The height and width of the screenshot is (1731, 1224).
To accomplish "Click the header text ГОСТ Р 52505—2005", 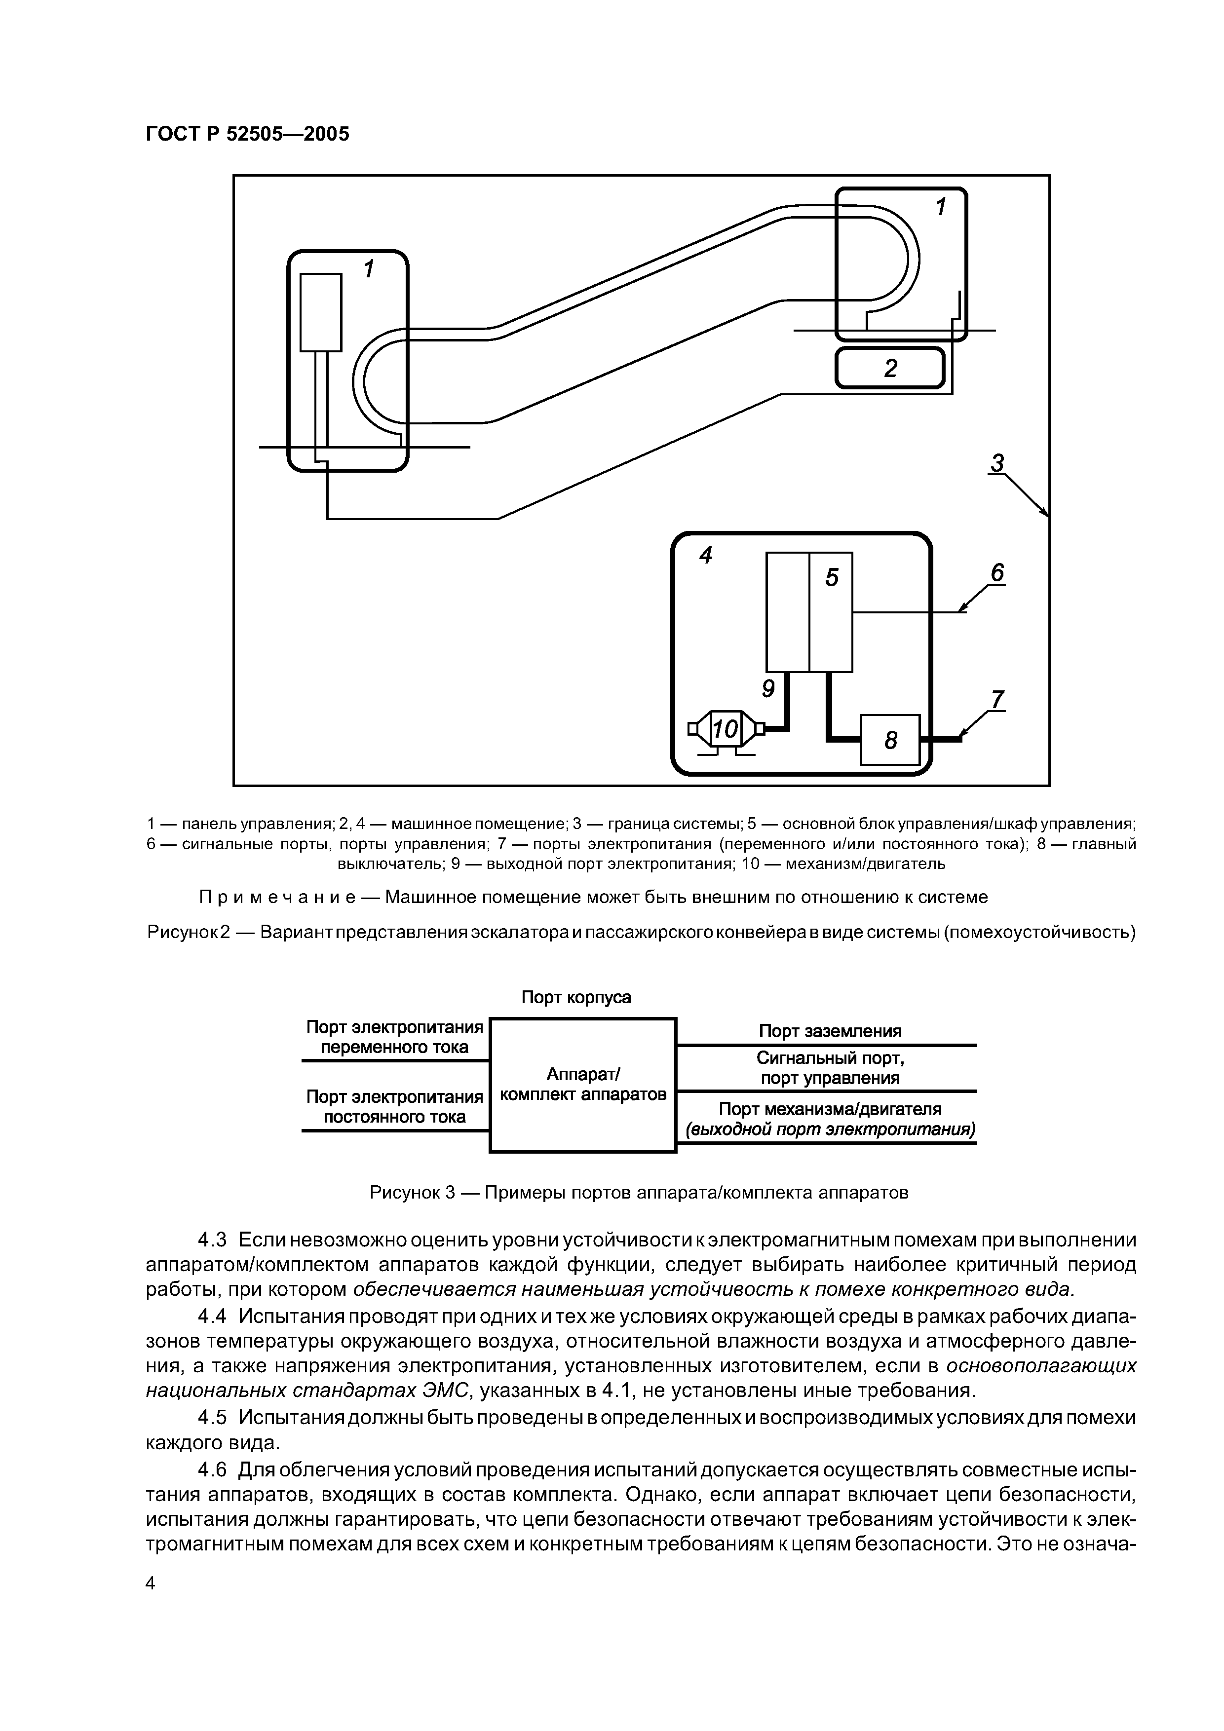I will (x=247, y=134).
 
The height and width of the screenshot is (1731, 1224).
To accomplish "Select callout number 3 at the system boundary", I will (x=998, y=463).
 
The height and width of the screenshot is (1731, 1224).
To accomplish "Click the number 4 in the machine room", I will (x=706, y=556).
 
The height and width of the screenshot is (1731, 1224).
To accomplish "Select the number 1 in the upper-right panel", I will (x=940, y=207).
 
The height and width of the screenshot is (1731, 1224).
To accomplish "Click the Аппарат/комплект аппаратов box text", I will (x=583, y=1084).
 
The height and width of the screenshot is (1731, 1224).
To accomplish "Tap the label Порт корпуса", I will (x=576, y=997).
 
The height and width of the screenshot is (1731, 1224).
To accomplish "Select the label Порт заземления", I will (x=830, y=1031).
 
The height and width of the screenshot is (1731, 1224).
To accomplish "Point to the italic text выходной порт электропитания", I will (x=830, y=1130).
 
